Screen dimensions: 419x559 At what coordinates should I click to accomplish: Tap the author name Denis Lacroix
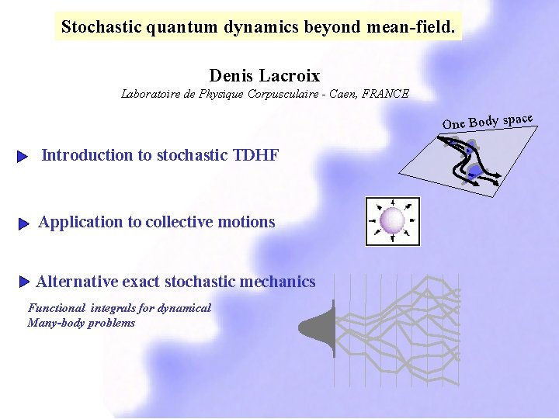(x=265, y=75)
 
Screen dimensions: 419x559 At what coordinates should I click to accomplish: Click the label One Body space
(x=487, y=121)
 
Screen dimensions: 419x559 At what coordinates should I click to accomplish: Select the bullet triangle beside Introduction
(x=23, y=157)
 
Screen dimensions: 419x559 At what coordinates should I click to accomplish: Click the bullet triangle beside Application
(x=23, y=224)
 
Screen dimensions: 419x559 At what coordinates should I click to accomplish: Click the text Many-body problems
(x=81, y=323)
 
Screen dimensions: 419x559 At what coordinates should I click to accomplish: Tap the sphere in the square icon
(x=392, y=220)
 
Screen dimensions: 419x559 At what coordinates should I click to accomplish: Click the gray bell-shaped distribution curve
(x=321, y=329)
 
